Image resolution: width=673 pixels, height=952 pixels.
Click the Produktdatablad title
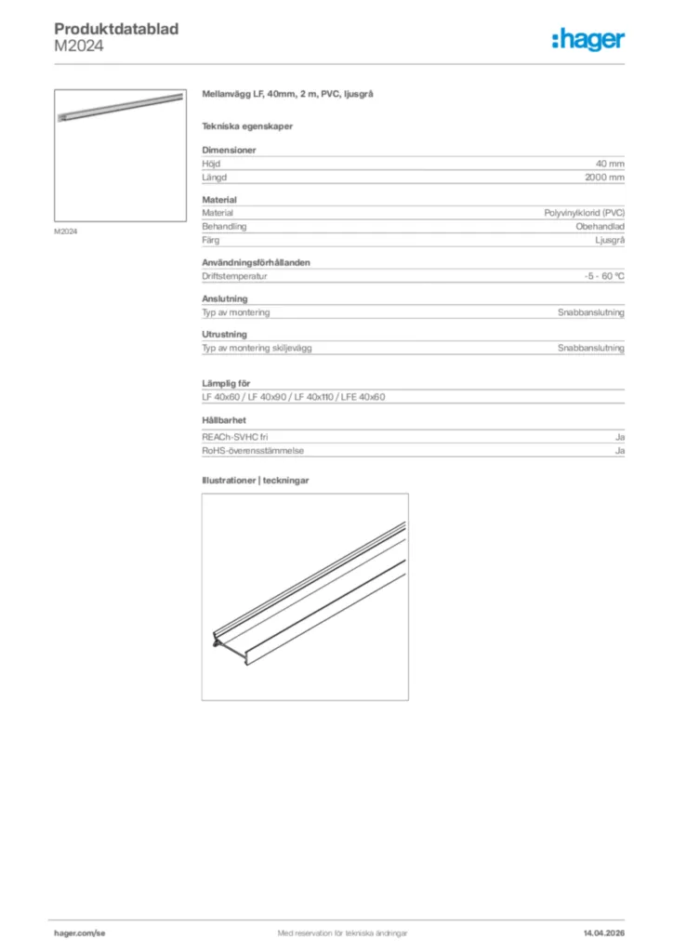(x=116, y=30)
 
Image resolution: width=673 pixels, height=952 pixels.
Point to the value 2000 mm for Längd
(x=604, y=177)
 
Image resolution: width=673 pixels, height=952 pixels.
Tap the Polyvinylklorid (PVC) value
(x=584, y=213)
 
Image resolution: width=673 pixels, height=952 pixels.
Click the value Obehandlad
(x=600, y=226)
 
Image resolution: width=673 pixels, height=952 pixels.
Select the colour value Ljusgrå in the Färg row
(x=609, y=240)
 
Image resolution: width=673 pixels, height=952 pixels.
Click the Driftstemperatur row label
(x=235, y=276)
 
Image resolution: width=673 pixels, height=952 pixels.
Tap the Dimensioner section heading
(x=229, y=150)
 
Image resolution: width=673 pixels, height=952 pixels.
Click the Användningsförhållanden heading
(x=256, y=262)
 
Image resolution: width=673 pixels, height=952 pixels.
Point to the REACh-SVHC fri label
(x=234, y=436)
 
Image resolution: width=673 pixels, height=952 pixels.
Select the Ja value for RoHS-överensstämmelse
(x=619, y=450)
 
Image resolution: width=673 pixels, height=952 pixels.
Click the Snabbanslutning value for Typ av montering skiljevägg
(x=590, y=348)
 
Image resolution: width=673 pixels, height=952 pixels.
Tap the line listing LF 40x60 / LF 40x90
(x=293, y=397)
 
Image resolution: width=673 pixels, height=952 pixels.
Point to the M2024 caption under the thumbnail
(x=65, y=231)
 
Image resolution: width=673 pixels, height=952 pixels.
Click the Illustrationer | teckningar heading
(x=255, y=481)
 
